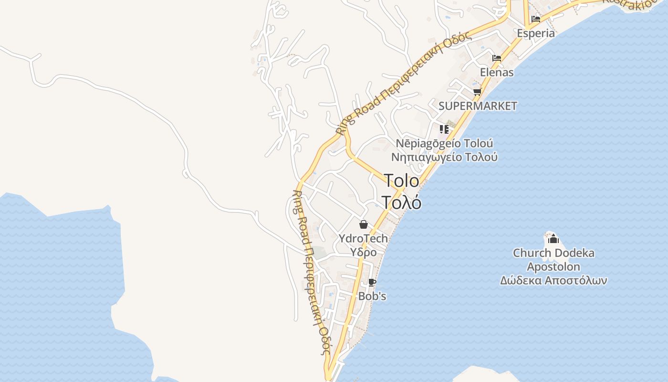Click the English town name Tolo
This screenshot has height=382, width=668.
[401, 180]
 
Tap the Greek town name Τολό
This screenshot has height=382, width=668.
[401, 202]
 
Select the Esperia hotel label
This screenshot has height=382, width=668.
[536, 33]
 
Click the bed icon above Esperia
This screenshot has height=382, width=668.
[536, 20]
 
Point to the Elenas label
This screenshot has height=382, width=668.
[497, 73]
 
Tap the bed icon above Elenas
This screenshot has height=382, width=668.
[497, 58]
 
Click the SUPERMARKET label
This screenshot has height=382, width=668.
[478, 106]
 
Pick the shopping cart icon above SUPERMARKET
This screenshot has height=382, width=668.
[477, 92]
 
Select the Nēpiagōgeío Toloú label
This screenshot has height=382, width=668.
[444, 143]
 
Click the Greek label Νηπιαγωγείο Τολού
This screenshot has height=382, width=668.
[444, 157]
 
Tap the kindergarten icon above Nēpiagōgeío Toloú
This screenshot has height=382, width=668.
[444, 129]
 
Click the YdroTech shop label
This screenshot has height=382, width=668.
[363, 238]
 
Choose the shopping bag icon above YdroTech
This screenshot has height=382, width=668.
[364, 224]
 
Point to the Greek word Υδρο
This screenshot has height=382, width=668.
[364, 252]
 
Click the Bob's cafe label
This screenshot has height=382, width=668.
[372, 296]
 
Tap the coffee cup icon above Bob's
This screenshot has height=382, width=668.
[372, 283]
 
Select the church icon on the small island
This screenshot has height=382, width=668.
[553, 239]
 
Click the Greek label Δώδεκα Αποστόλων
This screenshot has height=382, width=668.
[553, 280]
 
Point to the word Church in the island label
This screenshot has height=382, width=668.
[530, 253]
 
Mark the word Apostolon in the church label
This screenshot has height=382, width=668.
[553, 266]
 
